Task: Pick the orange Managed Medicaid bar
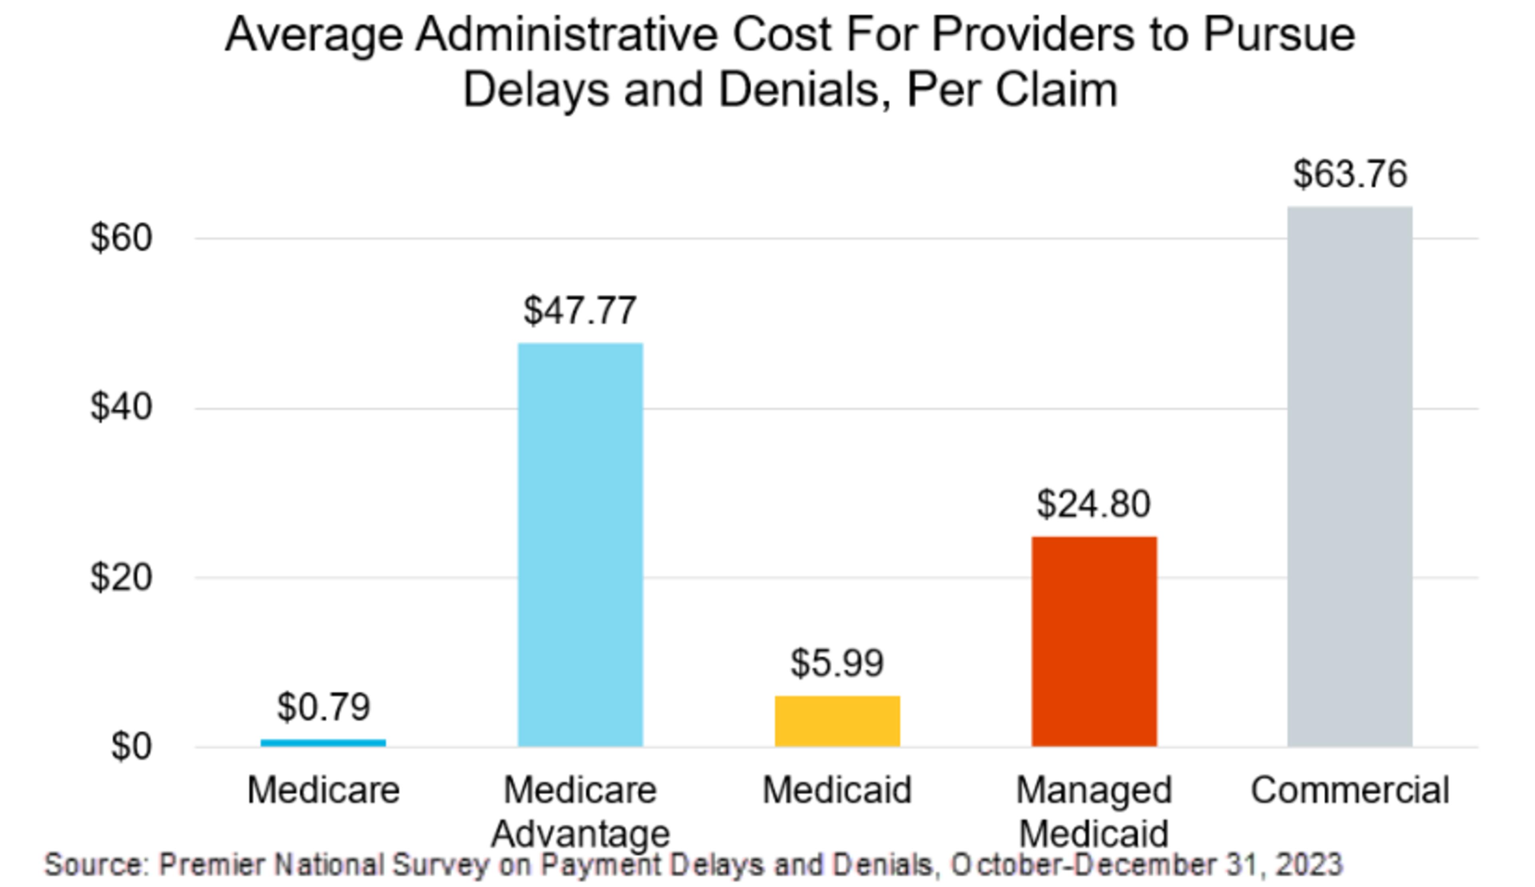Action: coord(1094,641)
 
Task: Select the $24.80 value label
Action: coord(1094,504)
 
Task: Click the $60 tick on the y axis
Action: coord(121,238)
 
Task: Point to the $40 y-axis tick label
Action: coord(121,407)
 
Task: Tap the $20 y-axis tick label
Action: coord(121,577)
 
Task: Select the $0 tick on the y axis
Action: coord(131,746)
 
